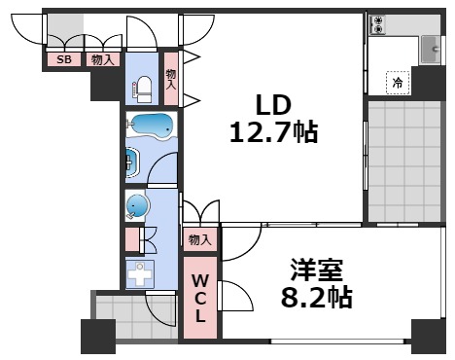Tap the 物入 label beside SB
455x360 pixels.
(101, 59)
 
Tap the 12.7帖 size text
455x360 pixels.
(273, 131)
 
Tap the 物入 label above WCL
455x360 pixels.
(200, 239)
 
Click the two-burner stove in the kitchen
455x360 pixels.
(378, 25)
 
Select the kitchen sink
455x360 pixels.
(429, 45)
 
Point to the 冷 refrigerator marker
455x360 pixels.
(397, 83)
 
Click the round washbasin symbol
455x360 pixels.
(138, 205)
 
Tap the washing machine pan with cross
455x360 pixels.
(141, 272)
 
